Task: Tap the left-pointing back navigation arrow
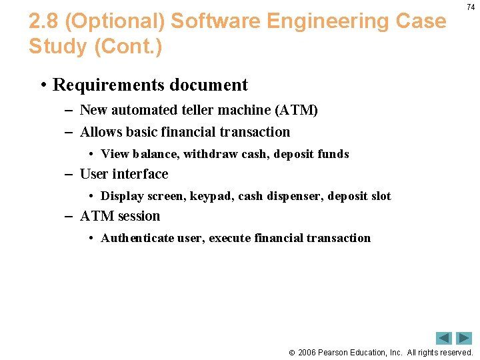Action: (444, 338)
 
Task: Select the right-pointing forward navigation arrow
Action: (464, 338)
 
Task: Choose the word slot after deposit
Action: (379, 196)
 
